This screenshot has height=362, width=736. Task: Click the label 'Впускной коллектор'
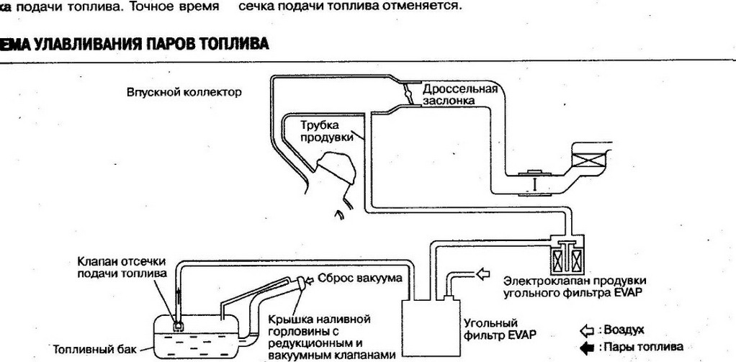[x=184, y=93]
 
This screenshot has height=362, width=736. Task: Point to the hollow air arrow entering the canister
[x=480, y=274]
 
